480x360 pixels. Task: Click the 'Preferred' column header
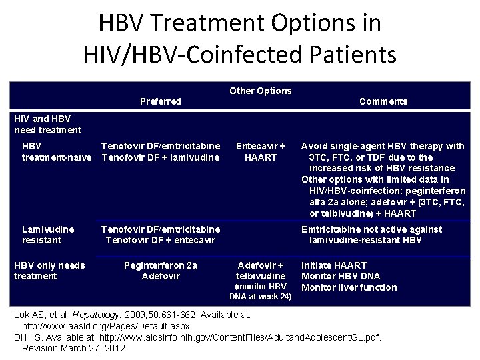[x=160, y=101]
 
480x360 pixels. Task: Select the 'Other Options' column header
[x=260, y=91]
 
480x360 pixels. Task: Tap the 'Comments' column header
[x=383, y=101]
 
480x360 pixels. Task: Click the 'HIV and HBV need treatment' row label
[x=47, y=124]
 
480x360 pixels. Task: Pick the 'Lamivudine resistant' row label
[x=48, y=235]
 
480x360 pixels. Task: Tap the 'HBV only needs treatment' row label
[x=49, y=271]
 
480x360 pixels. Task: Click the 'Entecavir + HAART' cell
[x=260, y=151]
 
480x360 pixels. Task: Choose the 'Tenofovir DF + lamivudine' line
[x=160, y=157]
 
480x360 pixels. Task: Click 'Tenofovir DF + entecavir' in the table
[x=159, y=240]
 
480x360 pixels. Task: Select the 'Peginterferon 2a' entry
[x=161, y=265]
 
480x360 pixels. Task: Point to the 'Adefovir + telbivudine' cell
[x=260, y=271]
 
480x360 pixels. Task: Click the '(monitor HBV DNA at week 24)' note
[x=260, y=291]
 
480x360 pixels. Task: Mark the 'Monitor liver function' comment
[x=349, y=288]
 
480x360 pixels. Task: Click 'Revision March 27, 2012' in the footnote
[x=75, y=348]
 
